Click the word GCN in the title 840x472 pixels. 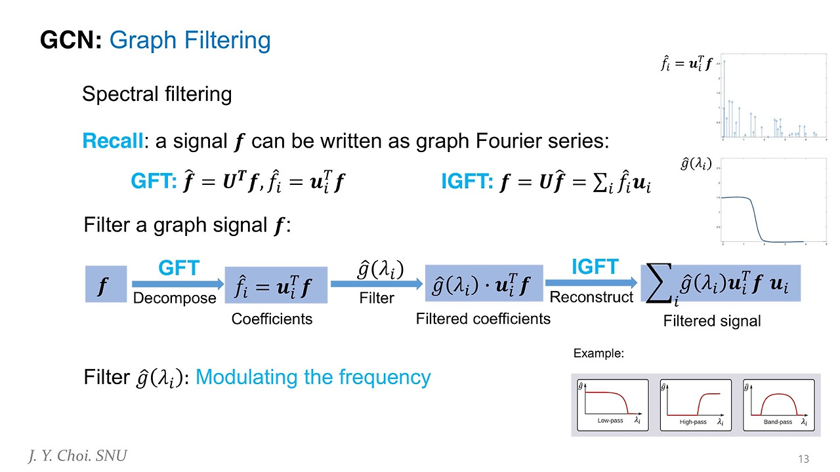(x=71, y=41)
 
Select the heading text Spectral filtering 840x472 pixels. (x=157, y=94)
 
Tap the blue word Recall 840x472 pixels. (x=112, y=141)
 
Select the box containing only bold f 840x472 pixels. (x=105, y=284)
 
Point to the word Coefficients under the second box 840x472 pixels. (x=272, y=319)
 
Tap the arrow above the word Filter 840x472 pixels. (x=376, y=283)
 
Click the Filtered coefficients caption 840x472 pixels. (x=483, y=319)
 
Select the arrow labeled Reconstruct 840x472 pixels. (x=593, y=283)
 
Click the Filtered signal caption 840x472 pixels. (x=712, y=321)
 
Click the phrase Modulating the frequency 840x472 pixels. (x=313, y=378)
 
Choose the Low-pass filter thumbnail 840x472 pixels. (x=612, y=404)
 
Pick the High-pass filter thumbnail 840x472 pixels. (x=695, y=404)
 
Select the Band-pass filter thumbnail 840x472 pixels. (x=778, y=404)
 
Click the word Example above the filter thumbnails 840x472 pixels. (x=598, y=353)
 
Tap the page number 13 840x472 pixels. (x=804, y=458)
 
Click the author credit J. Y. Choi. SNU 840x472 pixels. (x=77, y=456)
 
